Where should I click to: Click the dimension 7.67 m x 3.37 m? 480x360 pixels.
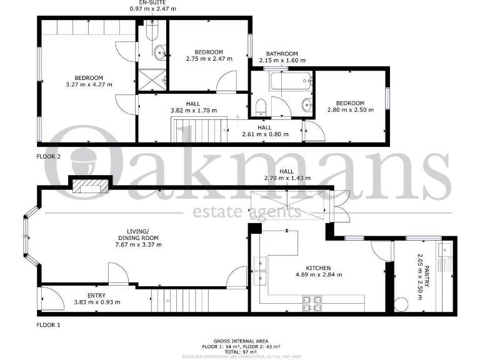click(138, 244)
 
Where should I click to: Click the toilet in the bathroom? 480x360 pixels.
click(261, 106)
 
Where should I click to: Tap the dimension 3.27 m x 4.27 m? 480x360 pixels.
click(89, 85)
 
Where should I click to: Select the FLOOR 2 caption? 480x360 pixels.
click(48, 157)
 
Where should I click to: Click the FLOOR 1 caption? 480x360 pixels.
click(48, 325)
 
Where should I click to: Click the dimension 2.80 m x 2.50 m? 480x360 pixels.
click(350, 110)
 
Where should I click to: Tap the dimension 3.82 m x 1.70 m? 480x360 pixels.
click(193, 111)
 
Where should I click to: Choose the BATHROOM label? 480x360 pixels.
click(282, 54)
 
